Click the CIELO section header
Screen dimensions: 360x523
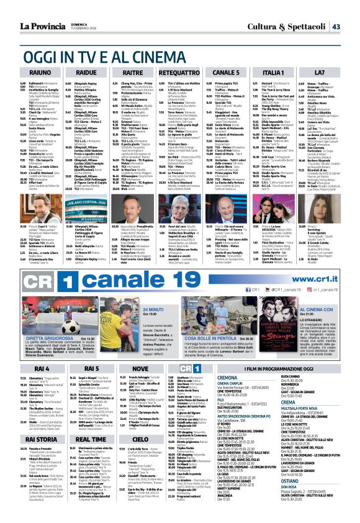[x=140, y=439]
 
